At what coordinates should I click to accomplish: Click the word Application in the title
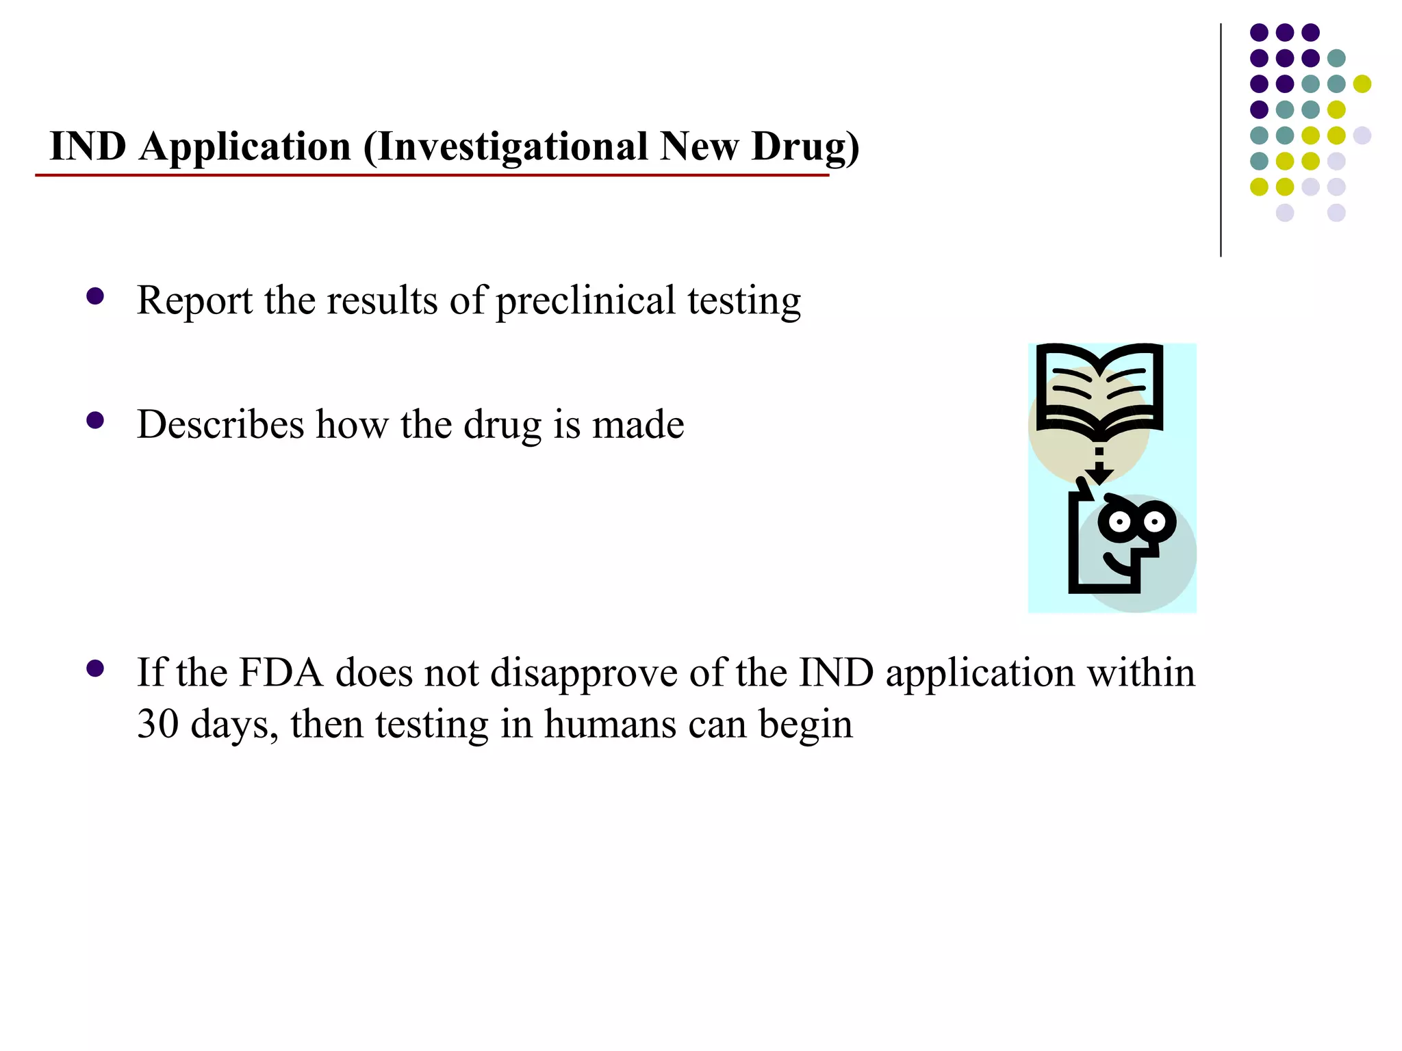(x=245, y=147)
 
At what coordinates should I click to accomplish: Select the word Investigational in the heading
(x=511, y=147)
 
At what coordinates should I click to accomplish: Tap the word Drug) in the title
(x=805, y=147)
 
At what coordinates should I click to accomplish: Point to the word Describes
(x=220, y=424)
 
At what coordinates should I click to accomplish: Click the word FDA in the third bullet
(x=281, y=673)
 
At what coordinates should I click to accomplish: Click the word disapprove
(x=583, y=674)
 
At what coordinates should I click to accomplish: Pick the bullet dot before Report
(x=95, y=296)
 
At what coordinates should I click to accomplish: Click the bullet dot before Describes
(x=95, y=420)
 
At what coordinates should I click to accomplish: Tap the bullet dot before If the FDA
(x=95, y=669)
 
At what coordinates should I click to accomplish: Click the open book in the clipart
(x=1099, y=390)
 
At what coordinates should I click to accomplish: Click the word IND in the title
(x=88, y=147)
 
